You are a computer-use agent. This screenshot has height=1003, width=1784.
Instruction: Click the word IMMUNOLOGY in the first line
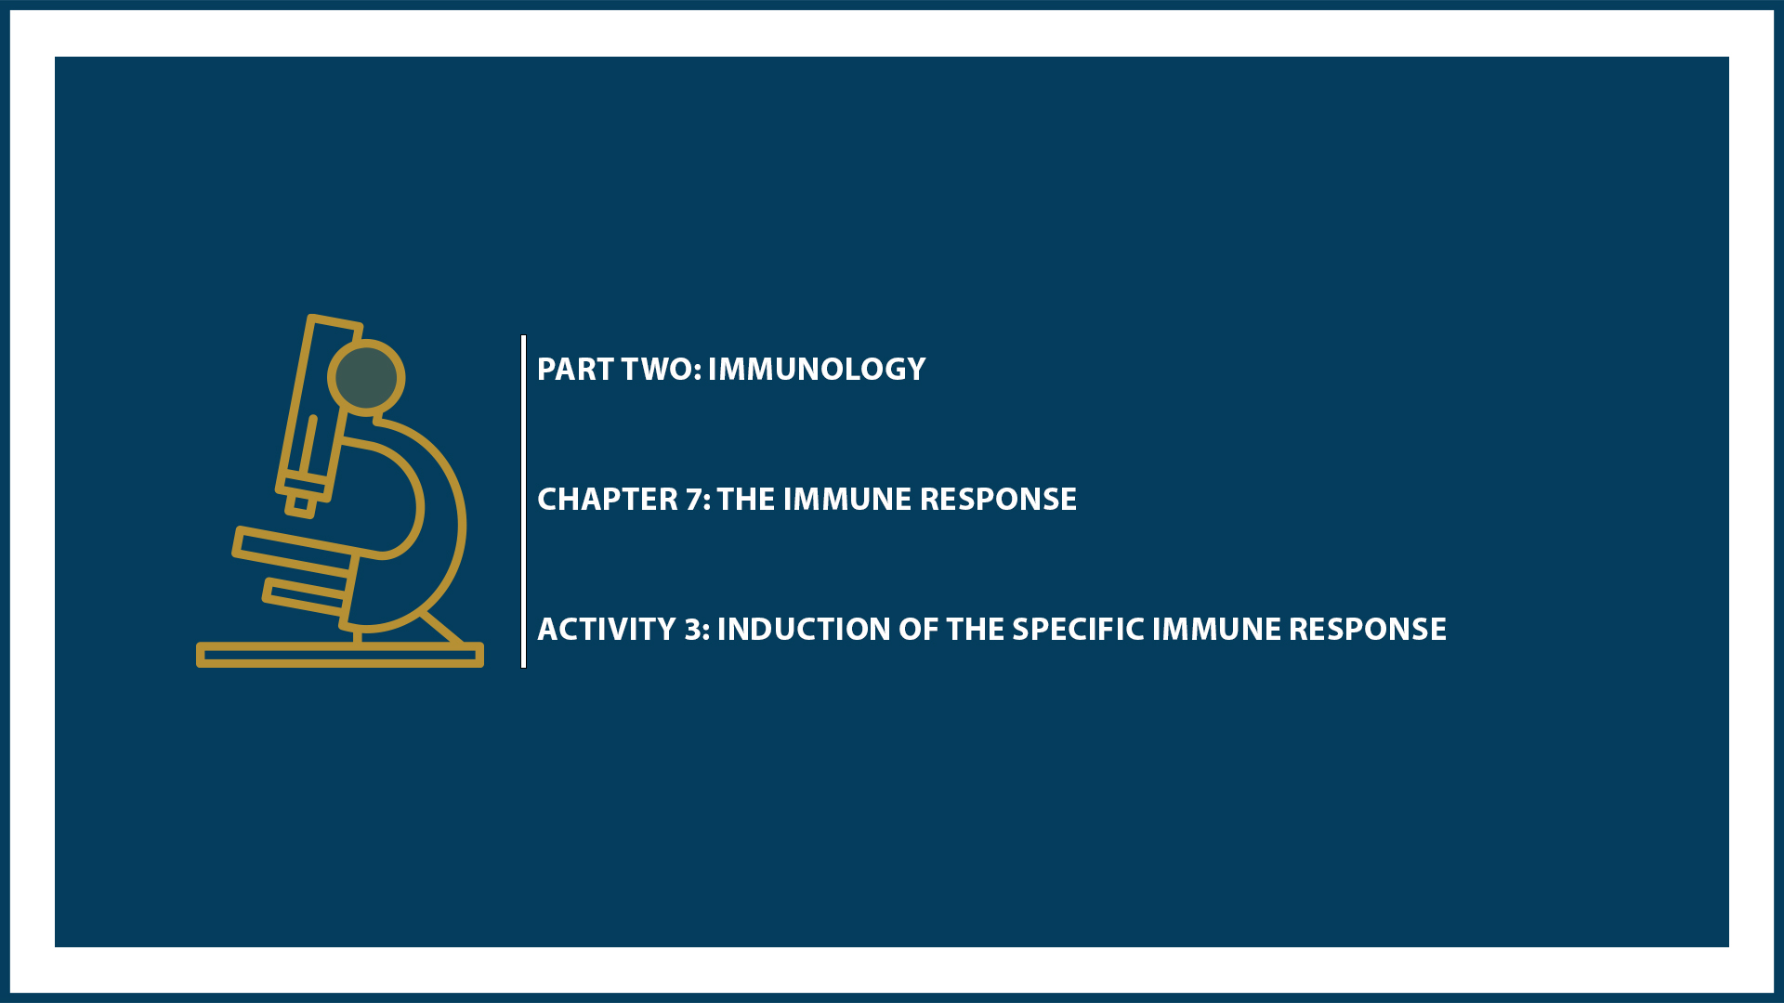[816, 370]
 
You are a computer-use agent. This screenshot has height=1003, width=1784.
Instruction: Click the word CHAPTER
[608, 500]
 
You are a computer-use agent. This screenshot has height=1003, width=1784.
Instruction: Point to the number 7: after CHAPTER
[698, 500]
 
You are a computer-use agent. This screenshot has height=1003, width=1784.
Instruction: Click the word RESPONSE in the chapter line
[998, 500]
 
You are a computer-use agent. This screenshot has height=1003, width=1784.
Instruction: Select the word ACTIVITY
[607, 630]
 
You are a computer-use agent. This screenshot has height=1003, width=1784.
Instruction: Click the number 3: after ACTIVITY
[697, 630]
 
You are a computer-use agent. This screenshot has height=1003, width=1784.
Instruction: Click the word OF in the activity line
[918, 630]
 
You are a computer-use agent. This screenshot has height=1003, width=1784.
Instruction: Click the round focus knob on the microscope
[366, 378]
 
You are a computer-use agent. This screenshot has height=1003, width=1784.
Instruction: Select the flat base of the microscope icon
[339, 656]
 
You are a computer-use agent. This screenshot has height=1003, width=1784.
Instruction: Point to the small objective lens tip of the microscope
[301, 505]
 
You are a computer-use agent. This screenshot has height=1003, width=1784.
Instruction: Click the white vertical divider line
[524, 501]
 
